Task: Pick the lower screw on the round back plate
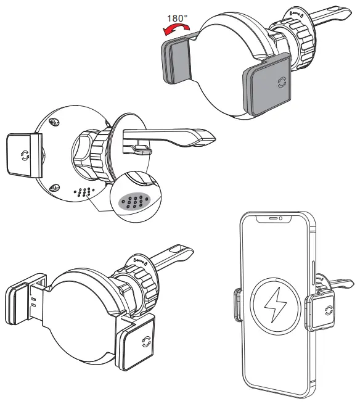[x=54, y=188]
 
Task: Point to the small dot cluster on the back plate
[x=85, y=191]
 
